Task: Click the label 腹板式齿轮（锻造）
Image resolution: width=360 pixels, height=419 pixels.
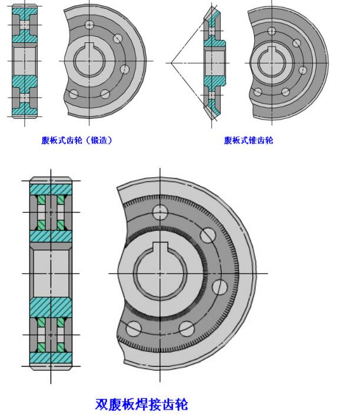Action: pyautogui.click(x=76, y=140)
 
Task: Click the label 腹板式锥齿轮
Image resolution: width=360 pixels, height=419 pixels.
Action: pyautogui.click(x=248, y=140)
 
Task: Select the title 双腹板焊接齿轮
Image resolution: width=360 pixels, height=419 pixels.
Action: pyautogui.click(x=142, y=404)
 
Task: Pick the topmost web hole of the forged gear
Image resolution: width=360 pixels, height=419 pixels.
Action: pyautogui.click(x=89, y=25)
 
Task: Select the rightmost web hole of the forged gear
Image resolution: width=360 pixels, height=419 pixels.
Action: pyautogui.click(x=125, y=69)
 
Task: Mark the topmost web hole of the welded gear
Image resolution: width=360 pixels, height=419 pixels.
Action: pyautogui.click(x=160, y=212)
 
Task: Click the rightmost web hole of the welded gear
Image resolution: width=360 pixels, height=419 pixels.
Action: pyautogui.click(x=220, y=287)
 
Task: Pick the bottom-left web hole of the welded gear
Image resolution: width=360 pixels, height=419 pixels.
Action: pyautogui.click(x=134, y=327)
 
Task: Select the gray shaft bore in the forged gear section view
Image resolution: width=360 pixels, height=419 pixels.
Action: pyautogui.click(x=24, y=61)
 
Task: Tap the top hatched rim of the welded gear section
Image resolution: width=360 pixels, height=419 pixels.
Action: pyautogui.click(x=50, y=188)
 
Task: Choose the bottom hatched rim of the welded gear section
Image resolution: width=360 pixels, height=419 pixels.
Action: pyautogui.click(x=50, y=357)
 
